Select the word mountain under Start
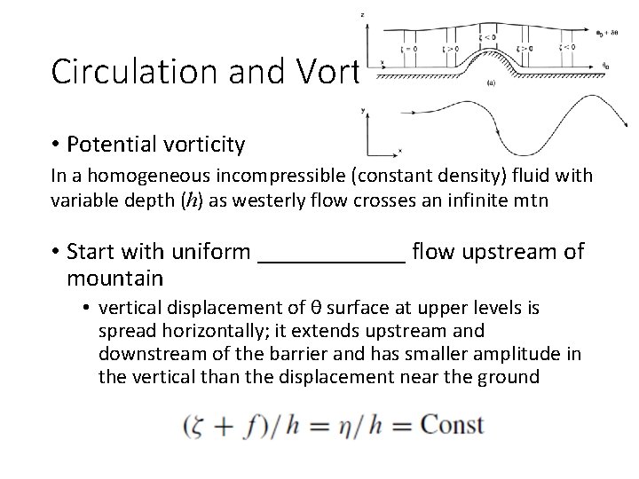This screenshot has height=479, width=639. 114,279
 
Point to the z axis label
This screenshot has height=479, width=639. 364,14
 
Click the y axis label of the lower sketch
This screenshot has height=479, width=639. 365,111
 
